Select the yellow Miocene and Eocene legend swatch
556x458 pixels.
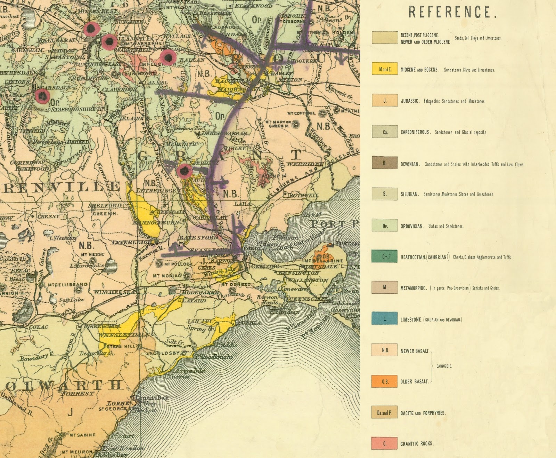pos(385,69)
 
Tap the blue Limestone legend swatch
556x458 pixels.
pos(385,318)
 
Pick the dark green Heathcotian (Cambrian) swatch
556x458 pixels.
pos(385,256)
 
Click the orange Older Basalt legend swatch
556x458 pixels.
pos(385,381)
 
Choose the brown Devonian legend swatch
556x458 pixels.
pos(385,163)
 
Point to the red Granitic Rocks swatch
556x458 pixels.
pos(385,443)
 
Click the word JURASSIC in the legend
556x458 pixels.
pos(410,101)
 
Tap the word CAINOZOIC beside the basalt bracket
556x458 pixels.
pos(444,366)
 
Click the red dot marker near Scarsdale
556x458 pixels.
pos(42,95)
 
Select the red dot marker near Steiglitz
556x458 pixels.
pos(184,171)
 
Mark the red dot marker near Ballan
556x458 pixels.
pos(168,57)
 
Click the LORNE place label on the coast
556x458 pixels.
pos(118,403)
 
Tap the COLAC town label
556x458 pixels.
pos(38,327)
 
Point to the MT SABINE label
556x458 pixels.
pos(82,435)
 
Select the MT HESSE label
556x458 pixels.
pos(92,254)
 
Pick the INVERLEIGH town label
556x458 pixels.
pos(132,242)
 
